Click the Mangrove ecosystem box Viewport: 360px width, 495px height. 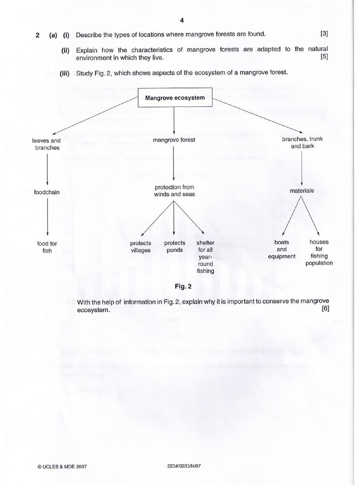[175, 98]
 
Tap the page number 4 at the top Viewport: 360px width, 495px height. [182, 20]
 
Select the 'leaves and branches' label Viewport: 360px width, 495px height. [47, 144]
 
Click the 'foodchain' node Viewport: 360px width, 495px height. [47, 192]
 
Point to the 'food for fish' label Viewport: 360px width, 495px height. [47, 247]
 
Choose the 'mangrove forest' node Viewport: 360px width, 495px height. [174, 140]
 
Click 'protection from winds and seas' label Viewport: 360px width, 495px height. [174, 190]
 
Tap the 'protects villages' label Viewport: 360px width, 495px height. [141, 247]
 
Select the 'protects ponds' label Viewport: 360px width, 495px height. [174, 247]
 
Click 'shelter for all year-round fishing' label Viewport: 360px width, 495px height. [205, 257]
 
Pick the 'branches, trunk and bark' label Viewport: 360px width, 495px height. [302, 143]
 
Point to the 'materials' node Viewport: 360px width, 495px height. [302, 190]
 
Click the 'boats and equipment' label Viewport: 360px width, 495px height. [281, 249]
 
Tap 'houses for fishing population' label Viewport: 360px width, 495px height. [319, 252]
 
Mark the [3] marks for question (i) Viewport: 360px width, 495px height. [324, 34]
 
